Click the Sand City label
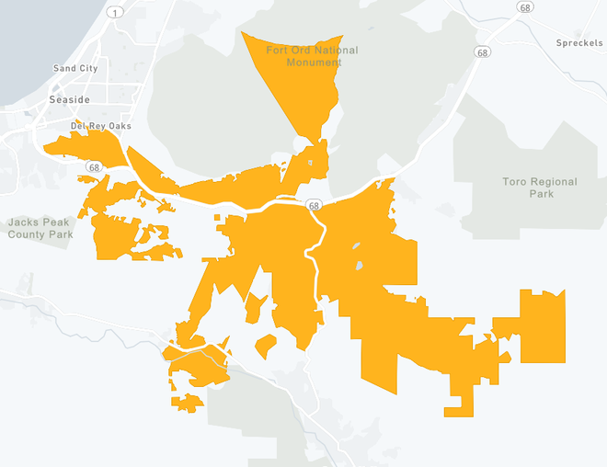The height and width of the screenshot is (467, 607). point(75,69)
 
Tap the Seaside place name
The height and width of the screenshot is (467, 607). point(69,99)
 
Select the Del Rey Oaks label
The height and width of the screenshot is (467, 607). point(101,126)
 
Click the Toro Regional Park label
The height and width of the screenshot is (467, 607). point(540,188)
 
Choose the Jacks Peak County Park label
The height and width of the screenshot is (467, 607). point(40,228)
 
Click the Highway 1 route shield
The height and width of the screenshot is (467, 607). point(114,12)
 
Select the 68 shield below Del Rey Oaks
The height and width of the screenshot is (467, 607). point(94,166)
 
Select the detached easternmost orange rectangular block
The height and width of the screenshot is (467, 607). point(543,326)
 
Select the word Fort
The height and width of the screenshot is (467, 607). point(277,50)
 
